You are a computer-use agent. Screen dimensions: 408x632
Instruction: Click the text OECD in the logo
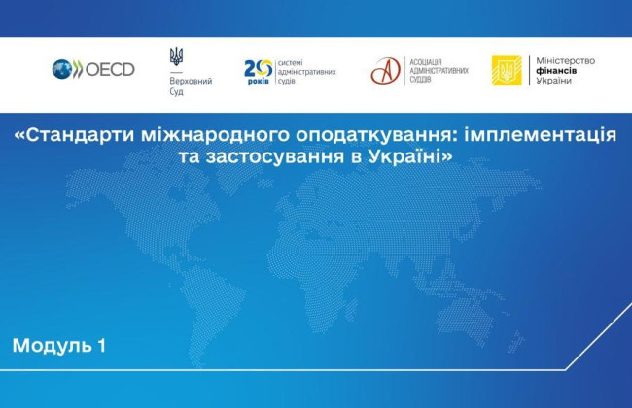pyautogui.click(x=109, y=70)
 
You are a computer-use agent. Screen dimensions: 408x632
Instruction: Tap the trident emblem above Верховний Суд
pyautogui.click(x=176, y=57)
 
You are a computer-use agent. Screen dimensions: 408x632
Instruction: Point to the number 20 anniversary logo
pyautogui.click(x=259, y=67)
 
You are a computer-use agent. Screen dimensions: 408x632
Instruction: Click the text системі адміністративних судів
pyautogui.click(x=306, y=71)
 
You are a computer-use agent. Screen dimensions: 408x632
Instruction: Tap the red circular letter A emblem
pyautogui.click(x=386, y=71)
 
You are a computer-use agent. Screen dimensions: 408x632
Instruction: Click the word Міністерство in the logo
pyautogui.click(x=566, y=60)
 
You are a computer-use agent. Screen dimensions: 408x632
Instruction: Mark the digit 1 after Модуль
pyautogui.click(x=100, y=345)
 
